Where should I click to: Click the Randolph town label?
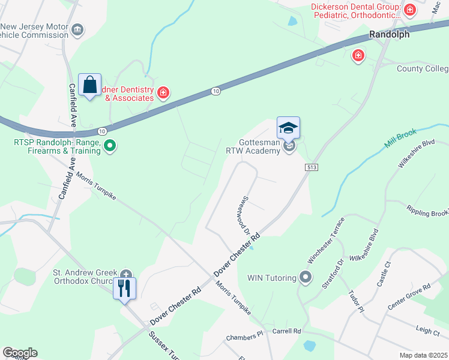click(389, 34)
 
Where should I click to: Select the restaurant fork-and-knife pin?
click(124, 289)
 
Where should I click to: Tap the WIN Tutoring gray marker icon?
click(306, 277)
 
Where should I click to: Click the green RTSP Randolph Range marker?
click(109, 145)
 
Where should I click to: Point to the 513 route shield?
click(311, 167)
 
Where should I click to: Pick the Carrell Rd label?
click(286, 331)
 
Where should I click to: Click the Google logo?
click(20, 353)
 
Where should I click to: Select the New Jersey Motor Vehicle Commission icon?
click(77, 30)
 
